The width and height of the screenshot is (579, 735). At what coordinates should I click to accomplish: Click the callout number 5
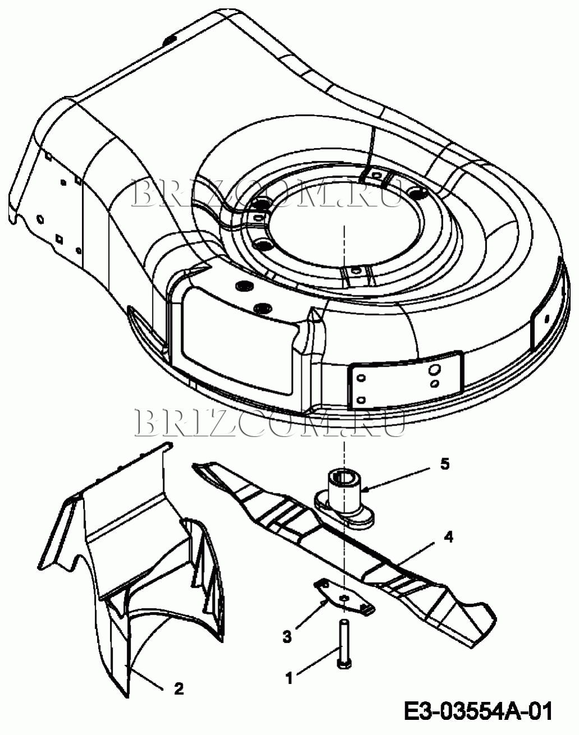pyautogui.click(x=444, y=464)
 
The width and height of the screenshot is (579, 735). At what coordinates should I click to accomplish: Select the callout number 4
pyautogui.click(x=448, y=537)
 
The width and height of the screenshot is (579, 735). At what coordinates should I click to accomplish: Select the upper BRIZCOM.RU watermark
pyautogui.click(x=266, y=193)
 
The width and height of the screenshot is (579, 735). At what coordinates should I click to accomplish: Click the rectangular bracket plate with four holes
pyautogui.click(x=406, y=380)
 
